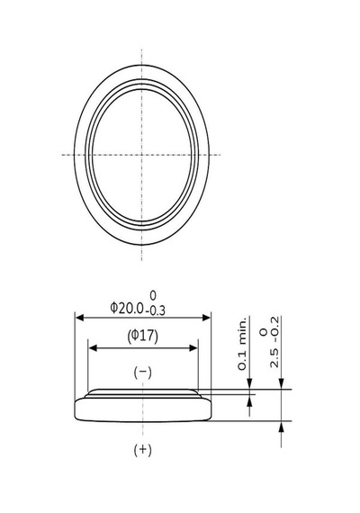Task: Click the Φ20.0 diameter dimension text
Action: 127,308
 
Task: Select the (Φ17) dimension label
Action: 143,336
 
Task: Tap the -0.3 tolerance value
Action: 155,310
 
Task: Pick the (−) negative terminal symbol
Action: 143,373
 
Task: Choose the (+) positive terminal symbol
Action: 143,450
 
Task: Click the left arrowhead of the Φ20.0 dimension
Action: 79,318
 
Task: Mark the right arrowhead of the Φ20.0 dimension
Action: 207,318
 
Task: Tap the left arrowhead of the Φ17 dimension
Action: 93,348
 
